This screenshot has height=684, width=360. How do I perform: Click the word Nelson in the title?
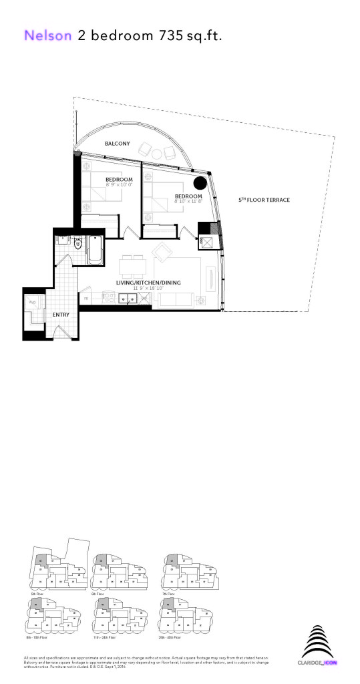(47, 36)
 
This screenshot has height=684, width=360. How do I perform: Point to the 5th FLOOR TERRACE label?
(264, 200)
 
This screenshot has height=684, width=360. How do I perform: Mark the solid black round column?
(199, 182)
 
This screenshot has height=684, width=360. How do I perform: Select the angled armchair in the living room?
(163, 252)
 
